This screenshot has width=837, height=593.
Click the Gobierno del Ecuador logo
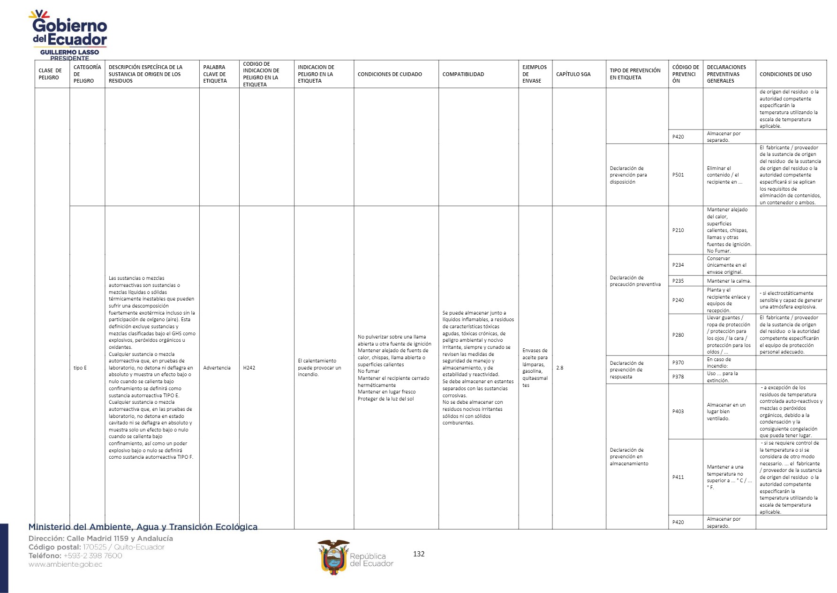tap(69, 31)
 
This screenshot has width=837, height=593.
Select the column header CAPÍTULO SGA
tap(573, 74)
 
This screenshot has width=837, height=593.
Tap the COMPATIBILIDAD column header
tap(463, 74)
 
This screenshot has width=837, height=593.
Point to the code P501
tap(678, 175)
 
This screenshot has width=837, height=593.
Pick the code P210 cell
tap(678, 230)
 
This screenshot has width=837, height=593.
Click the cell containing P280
tap(678, 335)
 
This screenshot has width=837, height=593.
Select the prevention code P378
tap(678, 377)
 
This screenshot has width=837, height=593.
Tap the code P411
tap(678, 477)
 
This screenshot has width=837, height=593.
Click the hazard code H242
tap(249, 368)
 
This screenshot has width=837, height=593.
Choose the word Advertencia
tap(217, 368)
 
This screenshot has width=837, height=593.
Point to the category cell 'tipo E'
tap(80, 368)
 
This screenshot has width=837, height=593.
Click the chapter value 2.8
tap(560, 368)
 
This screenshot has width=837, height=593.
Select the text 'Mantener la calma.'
tap(729, 281)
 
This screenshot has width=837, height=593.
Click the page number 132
tap(419, 554)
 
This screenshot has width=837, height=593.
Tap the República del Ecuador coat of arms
tap(333, 557)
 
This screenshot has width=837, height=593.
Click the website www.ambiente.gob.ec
tap(65, 564)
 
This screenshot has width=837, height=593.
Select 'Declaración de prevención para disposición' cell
tap(628, 175)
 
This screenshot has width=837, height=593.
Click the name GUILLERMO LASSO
tap(69, 52)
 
